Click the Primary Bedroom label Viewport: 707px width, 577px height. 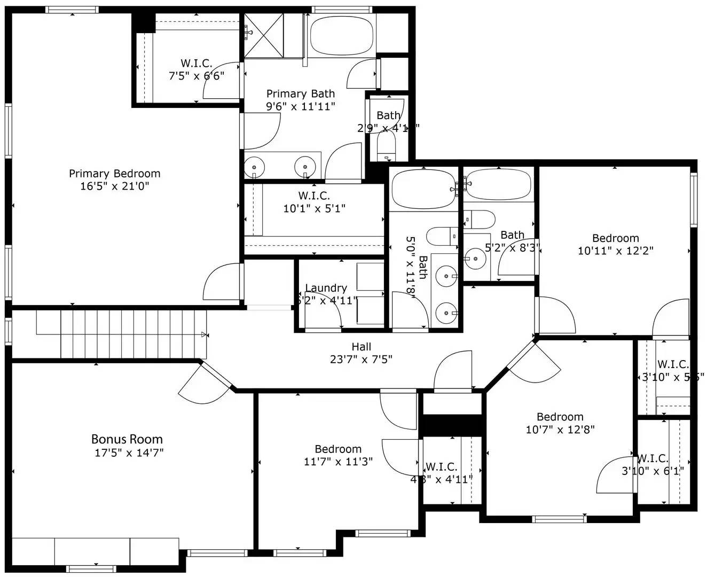click(114, 174)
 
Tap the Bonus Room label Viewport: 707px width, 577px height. click(127, 439)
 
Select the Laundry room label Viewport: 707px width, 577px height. click(326, 288)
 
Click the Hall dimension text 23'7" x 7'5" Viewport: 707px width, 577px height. click(361, 359)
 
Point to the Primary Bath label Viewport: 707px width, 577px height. click(301, 94)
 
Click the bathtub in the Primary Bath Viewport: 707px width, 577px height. click(342, 35)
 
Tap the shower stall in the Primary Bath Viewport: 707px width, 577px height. click(266, 35)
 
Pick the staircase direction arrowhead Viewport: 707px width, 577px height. click(204, 334)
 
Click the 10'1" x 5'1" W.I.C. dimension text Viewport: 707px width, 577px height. click(314, 208)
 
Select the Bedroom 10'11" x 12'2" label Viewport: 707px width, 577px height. click(615, 238)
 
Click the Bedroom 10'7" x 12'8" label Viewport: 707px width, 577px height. click(560, 417)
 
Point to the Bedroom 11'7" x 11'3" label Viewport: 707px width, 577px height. click(338, 449)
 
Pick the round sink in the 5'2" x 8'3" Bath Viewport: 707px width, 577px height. click(474, 259)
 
